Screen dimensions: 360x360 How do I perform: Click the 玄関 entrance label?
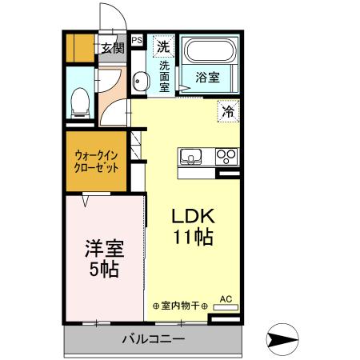111,47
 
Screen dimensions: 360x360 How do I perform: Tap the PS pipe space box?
137,38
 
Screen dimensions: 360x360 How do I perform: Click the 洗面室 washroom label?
164,77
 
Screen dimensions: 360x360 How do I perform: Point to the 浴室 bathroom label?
209,78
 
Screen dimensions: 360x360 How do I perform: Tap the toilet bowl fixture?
80,100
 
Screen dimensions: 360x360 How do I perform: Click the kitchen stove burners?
227,156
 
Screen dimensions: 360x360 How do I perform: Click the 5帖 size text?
103,270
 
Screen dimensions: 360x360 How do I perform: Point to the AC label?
225,299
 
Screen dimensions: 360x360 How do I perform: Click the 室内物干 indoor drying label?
180,305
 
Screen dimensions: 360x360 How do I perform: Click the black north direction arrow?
283,340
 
